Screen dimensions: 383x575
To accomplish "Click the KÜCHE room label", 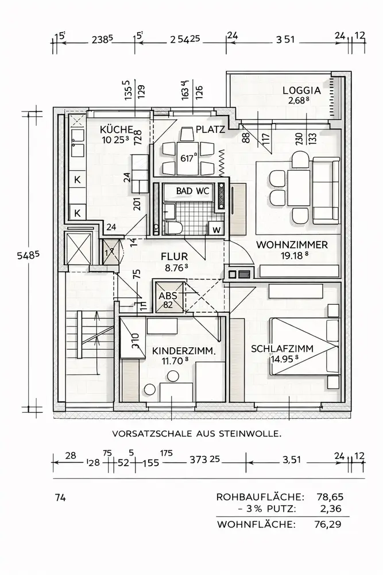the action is (117, 129).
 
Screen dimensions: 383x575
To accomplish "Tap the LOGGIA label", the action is (301, 90).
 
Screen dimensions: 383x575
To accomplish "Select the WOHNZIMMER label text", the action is (292, 244).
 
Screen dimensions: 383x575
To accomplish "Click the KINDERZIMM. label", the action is (184, 351).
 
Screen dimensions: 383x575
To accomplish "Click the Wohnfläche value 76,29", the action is (331, 524).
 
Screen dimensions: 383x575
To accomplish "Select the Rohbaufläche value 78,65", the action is (331, 496).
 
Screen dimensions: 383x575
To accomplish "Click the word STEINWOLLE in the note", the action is (253, 435).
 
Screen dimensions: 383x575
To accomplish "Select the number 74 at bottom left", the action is (60, 497).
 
